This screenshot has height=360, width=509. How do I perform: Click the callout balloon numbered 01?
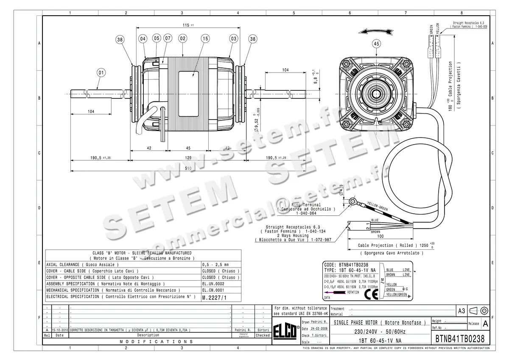101,73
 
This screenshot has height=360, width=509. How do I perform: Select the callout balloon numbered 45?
376,43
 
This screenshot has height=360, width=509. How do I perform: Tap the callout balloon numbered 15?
205,39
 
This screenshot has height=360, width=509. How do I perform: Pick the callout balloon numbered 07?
168,39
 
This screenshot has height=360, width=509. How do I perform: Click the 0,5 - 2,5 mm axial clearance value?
215,264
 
